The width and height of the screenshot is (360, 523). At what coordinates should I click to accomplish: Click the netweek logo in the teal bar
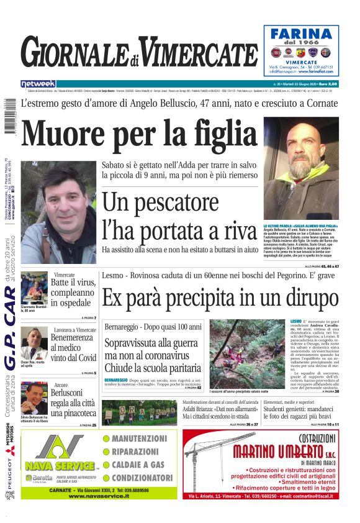38,83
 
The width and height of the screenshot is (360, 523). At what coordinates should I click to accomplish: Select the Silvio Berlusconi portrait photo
35,398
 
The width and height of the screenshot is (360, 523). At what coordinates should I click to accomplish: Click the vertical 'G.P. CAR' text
11,335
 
